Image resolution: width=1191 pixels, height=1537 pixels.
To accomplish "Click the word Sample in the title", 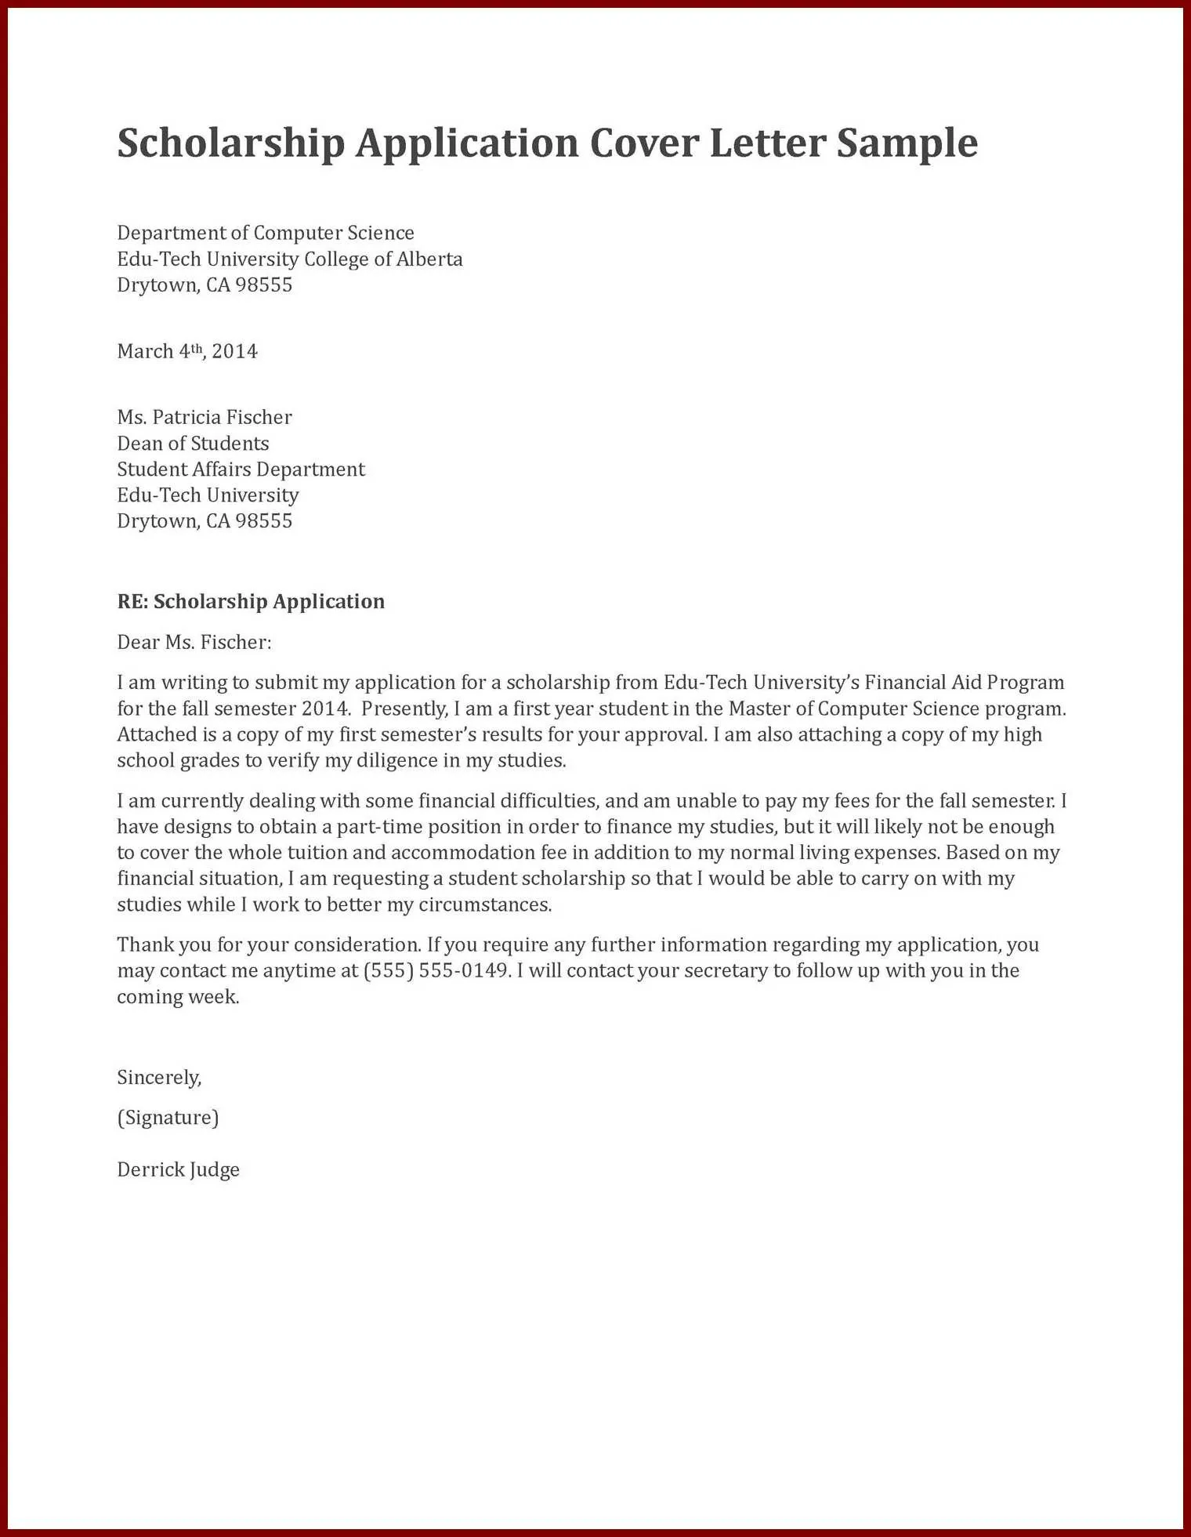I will point(907,143).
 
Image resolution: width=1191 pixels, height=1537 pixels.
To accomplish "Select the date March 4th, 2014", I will point(187,351).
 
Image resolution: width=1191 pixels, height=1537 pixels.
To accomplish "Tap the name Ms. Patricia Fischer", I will point(205,417).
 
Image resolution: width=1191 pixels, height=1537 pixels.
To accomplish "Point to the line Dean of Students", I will point(193,444).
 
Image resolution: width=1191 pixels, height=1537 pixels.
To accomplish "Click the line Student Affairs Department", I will point(241,469).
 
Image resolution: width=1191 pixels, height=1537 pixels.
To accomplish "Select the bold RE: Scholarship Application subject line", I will point(251,601).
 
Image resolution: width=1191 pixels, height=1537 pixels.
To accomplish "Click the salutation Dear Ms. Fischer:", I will point(194,643).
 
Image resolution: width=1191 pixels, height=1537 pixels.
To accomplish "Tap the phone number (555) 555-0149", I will point(436,971).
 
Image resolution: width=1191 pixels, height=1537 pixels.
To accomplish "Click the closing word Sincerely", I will point(159,1078).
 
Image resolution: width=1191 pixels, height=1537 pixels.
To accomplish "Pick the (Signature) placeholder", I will point(168,1118).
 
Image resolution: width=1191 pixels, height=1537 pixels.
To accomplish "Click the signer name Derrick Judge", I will point(178,1170).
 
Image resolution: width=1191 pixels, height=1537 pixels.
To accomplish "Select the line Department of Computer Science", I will point(266,233).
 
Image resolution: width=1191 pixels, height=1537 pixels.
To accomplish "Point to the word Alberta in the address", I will point(429,259).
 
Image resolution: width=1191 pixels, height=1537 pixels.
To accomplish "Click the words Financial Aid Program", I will point(964,683).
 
